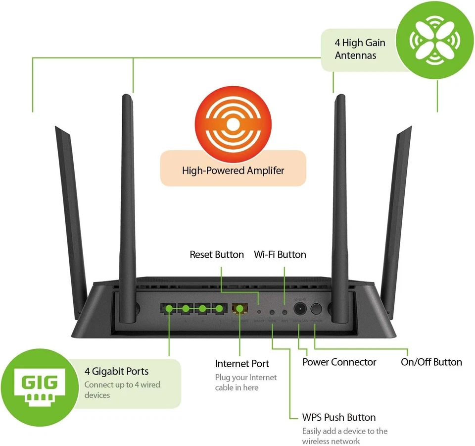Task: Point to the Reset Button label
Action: [x=217, y=255]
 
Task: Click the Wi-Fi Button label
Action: [x=280, y=255]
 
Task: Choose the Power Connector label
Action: [x=339, y=362]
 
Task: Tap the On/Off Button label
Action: [x=431, y=362]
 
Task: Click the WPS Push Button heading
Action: [x=339, y=417]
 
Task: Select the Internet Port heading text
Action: [x=242, y=364]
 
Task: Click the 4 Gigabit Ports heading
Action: [x=116, y=371]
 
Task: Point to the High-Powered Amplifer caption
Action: [x=233, y=171]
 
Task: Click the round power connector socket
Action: [x=299, y=309]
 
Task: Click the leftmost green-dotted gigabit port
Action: [x=169, y=309]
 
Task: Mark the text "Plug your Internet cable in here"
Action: [x=246, y=383]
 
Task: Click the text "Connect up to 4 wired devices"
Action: [x=122, y=390]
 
